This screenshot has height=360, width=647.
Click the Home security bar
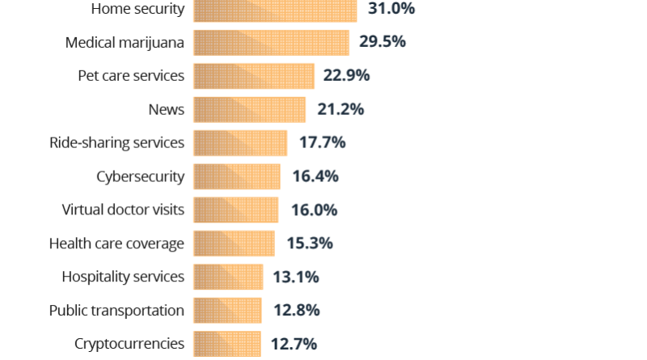coord(275,10)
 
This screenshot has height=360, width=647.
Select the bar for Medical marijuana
coord(271,42)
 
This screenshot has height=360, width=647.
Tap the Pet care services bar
coord(254,75)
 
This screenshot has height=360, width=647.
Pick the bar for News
coord(250,109)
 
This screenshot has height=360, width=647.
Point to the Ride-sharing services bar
coord(240,142)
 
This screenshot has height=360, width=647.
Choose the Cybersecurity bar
coord(237,176)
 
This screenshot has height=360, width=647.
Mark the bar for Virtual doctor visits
coord(236,210)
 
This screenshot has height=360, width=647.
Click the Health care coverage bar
coord(234,243)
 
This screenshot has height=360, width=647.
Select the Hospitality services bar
coord(228,277)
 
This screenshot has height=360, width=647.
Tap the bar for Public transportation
coord(227,310)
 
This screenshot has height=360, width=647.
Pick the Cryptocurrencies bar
coord(227,344)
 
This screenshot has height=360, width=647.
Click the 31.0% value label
coord(391,10)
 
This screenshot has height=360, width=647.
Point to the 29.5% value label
coord(383,42)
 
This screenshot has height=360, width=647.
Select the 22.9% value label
coord(347,75)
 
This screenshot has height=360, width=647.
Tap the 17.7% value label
coord(322,142)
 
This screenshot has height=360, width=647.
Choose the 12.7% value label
coord(294,344)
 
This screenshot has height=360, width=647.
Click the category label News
coord(167,109)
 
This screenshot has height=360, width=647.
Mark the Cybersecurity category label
coord(140,176)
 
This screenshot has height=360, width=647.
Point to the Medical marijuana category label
coord(125,42)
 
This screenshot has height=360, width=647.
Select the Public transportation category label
coord(116,310)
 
